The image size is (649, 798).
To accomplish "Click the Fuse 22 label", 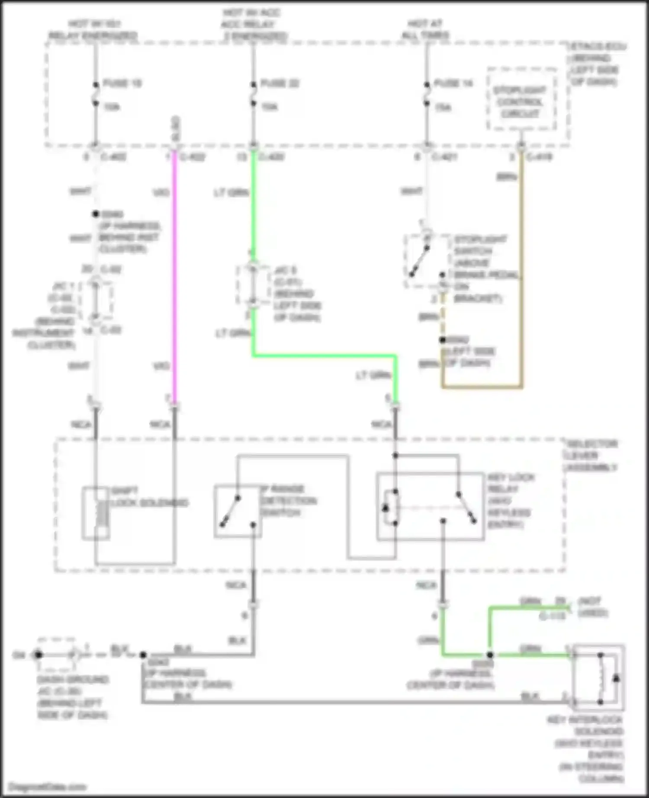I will [280, 83].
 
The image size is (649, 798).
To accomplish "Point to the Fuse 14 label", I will [453, 83].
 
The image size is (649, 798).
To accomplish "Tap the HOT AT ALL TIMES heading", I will [425, 29].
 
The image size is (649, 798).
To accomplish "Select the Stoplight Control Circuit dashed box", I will [521, 99].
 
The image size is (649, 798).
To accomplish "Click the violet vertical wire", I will [175, 277].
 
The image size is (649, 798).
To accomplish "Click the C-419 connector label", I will [539, 157].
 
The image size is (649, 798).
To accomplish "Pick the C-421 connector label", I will [445, 157].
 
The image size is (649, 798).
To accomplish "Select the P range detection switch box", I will [238, 511].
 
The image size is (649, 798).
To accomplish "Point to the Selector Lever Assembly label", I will [591, 456].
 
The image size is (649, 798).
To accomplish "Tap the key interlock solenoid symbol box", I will [598, 677].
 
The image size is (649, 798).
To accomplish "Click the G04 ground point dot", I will [38, 654].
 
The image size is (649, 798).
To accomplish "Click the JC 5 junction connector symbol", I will [253, 285].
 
